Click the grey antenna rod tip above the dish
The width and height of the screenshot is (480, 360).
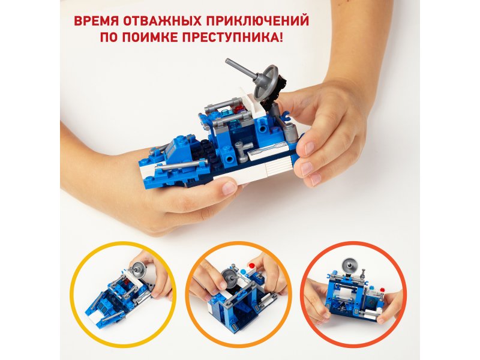coord(228,61)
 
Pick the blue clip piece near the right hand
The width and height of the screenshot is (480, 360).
coord(286,116)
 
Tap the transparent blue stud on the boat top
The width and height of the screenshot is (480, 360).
coord(226,112)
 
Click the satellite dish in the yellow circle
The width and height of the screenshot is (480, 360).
coord(138,269)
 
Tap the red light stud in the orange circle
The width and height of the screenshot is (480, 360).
coord(252,265)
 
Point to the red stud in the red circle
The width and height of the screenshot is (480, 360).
coord(382,290)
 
